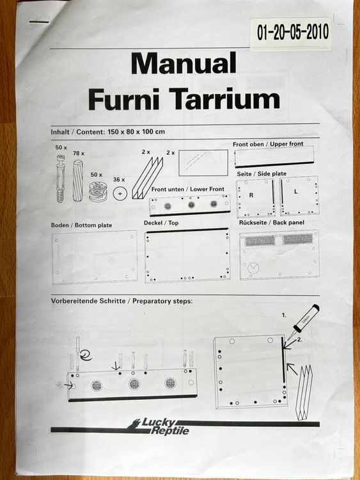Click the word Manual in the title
point(184,63)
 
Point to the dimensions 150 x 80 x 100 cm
point(136,132)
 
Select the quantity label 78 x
point(79,153)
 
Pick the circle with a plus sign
point(120,194)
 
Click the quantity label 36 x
point(119,179)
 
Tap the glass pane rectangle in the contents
point(203,163)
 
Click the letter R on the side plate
point(251,195)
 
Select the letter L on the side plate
point(296,191)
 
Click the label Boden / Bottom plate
point(81,225)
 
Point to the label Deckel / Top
point(161,223)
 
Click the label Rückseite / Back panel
point(272,223)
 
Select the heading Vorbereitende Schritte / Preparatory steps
point(121,301)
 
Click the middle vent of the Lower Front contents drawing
point(191,205)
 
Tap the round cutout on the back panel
point(253,268)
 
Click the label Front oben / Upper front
point(268,144)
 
